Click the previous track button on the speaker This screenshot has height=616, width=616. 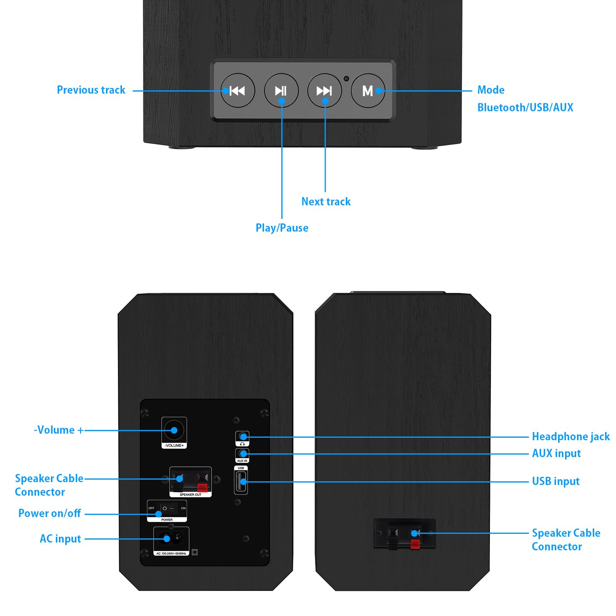237,91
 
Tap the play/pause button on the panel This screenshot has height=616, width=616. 281,91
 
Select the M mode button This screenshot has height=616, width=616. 368,91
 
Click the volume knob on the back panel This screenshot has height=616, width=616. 174,430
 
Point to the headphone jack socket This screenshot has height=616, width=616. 243,437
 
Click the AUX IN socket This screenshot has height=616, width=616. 243,453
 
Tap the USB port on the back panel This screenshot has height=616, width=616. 241,482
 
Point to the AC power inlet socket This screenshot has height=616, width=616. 172,538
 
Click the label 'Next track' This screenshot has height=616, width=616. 326,202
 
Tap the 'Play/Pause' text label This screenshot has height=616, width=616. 282,228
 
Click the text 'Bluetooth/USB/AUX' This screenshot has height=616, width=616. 525,108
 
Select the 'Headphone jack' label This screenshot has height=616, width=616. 570,437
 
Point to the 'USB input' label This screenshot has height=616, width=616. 555,481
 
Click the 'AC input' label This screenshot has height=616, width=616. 60,539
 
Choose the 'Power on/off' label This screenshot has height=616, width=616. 50,513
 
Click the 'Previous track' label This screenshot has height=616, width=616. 91,90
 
